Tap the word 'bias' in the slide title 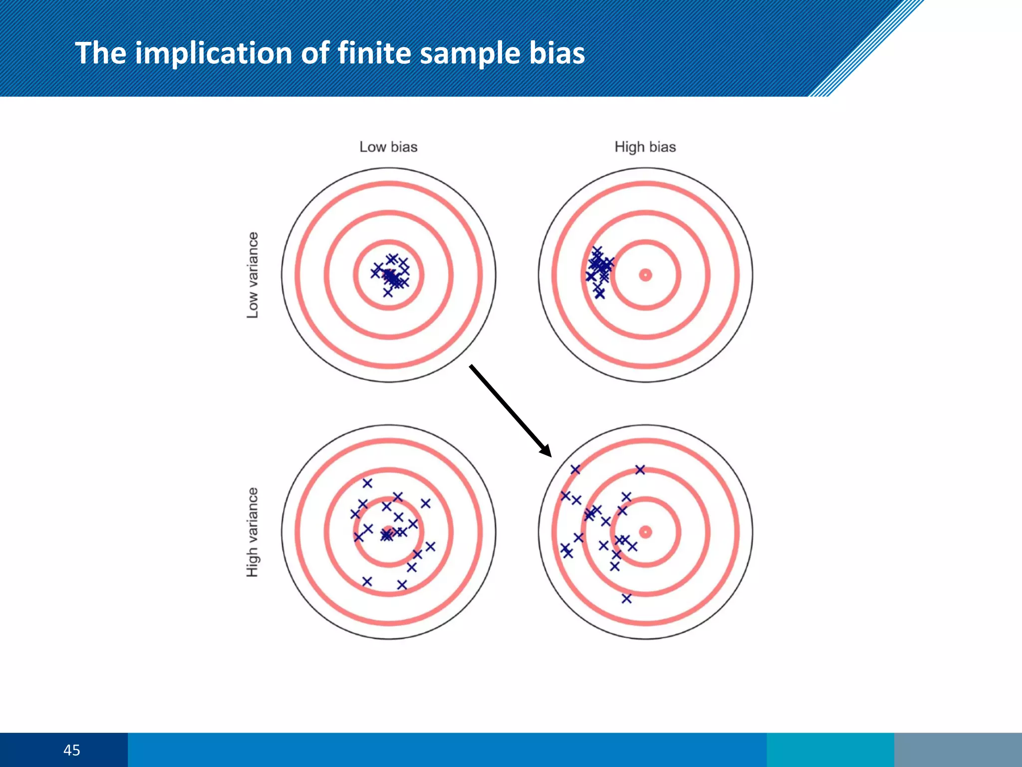pyautogui.click(x=556, y=53)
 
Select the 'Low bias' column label pyautogui.click(x=388, y=147)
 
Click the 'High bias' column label pyautogui.click(x=645, y=147)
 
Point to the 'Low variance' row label pyautogui.click(x=253, y=275)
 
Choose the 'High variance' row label pyautogui.click(x=253, y=532)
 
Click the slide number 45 pyautogui.click(x=71, y=750)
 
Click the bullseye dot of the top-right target pyautogui.click(x=645, y=275)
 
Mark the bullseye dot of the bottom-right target pyautogui.click(x=645, y=532)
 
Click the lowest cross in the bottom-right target pyautogui.click(x=627, y=598)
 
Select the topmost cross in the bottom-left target pyautogui.click(x=367, y=483)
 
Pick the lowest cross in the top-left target pyautogui.click(x=388, y=293)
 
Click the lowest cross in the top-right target pyautogui.click(x=600, y=295)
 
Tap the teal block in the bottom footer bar pyautogui.click(x=830, y=750)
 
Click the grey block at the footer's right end pyautogui.click(x=958, y=750)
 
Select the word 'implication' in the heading pyautogui.click(x=213, y=53)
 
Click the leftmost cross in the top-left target pyautogui.click(x=375, y=273)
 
